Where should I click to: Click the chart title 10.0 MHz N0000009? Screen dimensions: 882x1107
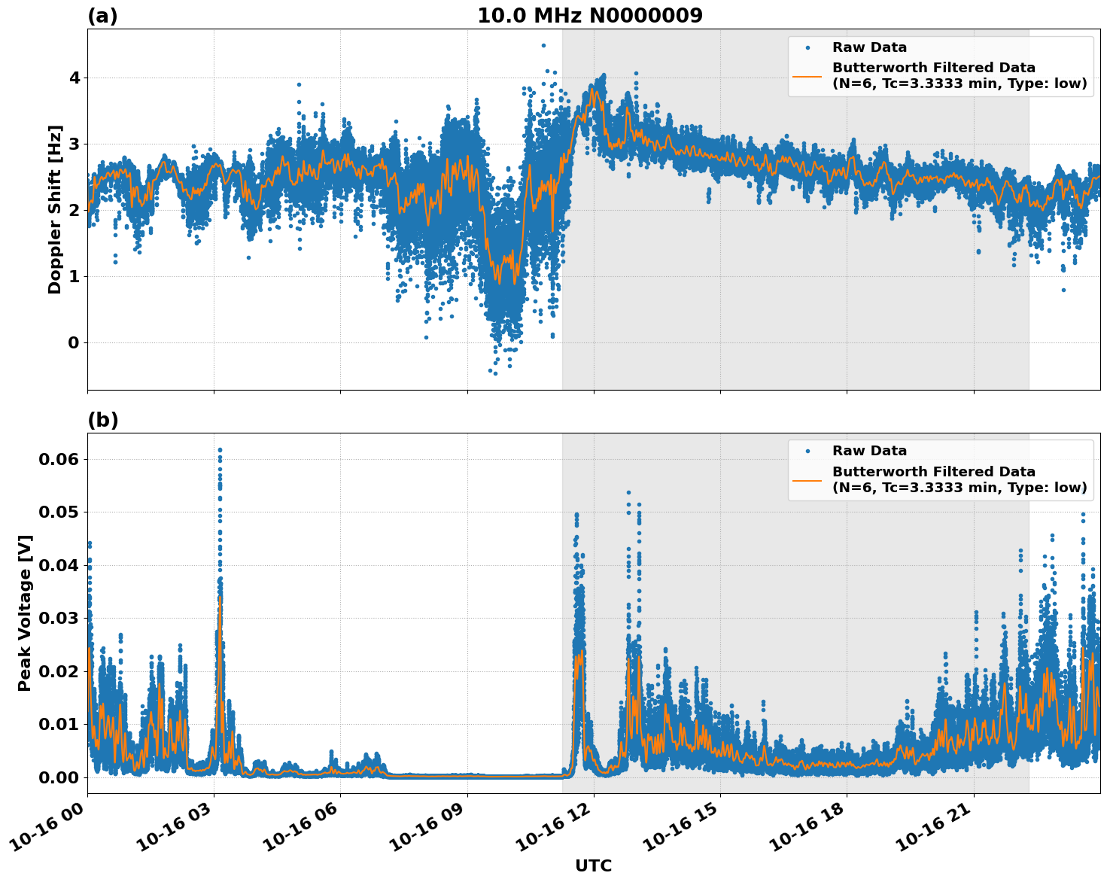pyautogui.click(x=589, y=16)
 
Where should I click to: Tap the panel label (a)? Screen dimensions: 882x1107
pyautogui.click(x=102, y=16)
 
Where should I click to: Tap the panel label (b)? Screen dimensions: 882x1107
pyautogui.click(x=102, y=420)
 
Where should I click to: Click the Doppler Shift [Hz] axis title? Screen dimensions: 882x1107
pyautogui.click(x=55, y=209)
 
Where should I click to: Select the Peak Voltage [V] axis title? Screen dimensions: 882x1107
pyautogui.click(x=25, y=613)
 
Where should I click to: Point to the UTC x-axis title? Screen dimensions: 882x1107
pyautogui.click(x=593, y=865)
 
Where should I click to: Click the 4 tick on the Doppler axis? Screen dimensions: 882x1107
pyautogui.click(x=74, y=78)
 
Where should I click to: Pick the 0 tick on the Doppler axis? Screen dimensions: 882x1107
pyautogui.click(x=74, y=342)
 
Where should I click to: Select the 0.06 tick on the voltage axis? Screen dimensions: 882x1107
pyautogui.click(x=63, y=459)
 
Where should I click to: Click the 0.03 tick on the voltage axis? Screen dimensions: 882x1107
pyautogui.click(x=63, y=618)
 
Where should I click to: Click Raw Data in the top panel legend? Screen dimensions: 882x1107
pyautogui.click(x=869, y=47)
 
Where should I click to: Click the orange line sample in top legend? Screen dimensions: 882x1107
pyautogui.click(x=807, y=76)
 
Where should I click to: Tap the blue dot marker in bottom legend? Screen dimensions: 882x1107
pyautogui.click(x=807, y=451)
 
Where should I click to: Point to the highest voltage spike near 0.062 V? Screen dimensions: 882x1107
pyautogui.click(x=220, y=450)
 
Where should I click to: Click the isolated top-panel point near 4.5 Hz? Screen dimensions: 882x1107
pyautogui.click(x=543, y=45)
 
